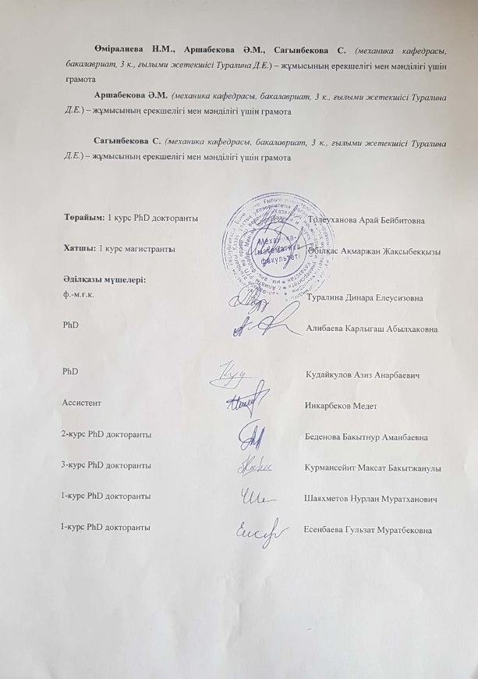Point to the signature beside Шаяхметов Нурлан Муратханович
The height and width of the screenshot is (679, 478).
tap(256, 496)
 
